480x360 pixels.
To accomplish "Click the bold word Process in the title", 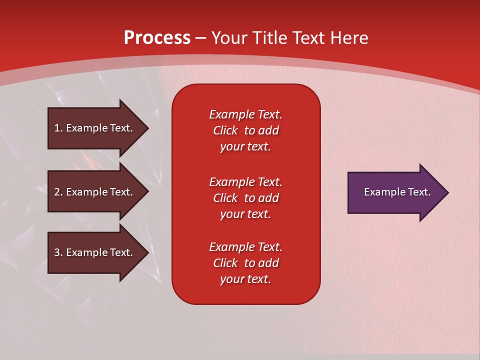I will click(157, 38).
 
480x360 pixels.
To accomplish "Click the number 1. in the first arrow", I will click(58, 128).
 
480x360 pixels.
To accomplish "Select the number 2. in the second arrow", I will click(58, 192).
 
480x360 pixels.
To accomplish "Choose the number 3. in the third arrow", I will click(58, 252).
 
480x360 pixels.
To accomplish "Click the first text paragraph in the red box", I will click(245, 130).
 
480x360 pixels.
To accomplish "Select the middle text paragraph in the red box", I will click(245, 198).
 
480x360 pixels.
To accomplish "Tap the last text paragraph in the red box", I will click(245, 263).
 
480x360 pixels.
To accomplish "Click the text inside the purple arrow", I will click(397, 192).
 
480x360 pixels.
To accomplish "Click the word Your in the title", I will click(228, 38).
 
